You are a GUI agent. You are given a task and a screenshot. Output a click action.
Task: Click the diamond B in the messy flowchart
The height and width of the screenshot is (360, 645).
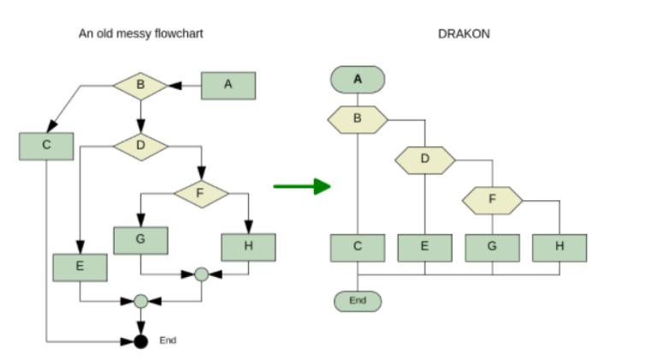pyautogui.click(x=140, y=85)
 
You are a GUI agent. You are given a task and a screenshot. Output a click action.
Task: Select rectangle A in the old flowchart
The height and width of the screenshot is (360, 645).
pyautogui.click(x=228, y=85)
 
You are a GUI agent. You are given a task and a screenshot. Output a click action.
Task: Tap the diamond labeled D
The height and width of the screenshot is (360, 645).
pyautogui.click(x=140, y=145)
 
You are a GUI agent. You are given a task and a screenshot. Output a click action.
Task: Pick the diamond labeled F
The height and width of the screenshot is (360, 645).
pyautogui.click(x=201, y=193)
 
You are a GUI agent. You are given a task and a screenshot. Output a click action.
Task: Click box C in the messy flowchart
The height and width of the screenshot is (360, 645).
pyautogui.click(x=46, y=145)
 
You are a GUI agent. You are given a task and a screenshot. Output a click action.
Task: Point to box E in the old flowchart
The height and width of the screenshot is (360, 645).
pyautogui.click(x=80, y=266)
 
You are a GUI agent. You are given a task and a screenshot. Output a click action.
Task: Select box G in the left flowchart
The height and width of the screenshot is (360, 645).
pyautogui.click(x=140, y=239)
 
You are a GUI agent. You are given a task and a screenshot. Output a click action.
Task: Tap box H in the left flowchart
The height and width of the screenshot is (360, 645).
pyautogui.click(x=248, y=246)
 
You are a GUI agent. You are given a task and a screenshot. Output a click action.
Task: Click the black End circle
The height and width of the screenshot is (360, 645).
pyautogui.click(x=141, y=341)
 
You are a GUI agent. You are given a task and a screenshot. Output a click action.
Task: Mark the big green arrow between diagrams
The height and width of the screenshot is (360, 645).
pyautogui.click(x=301, y=186)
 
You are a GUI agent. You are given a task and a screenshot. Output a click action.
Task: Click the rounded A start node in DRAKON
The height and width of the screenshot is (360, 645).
pyautogui.click(x=358, y=79)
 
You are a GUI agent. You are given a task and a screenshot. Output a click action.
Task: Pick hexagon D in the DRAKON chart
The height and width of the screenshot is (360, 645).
pyautogui.click(x=424, y=159)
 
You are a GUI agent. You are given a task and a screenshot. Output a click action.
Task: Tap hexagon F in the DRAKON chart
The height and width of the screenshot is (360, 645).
pyautogui.click(x=492, y=199)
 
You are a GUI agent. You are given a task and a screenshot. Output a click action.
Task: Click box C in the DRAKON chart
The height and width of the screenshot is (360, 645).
pyautogui.click(x=358, y=247)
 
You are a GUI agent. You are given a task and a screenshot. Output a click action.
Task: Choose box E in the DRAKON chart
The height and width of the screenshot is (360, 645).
pyautogui.click(x=424, y=247)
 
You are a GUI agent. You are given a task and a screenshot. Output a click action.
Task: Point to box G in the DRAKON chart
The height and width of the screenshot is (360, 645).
pyautogui.click(x=492, y=247)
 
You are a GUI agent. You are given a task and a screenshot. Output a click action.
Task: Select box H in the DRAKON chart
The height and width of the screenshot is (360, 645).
pyautogui.click(x=559, y=247)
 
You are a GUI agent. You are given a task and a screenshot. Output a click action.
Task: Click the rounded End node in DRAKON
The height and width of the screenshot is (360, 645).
pyautogui.click(x=358, y=301)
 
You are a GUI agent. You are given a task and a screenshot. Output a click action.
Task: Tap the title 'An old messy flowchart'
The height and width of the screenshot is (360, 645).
pyautogui.click(x=141, y=33)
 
